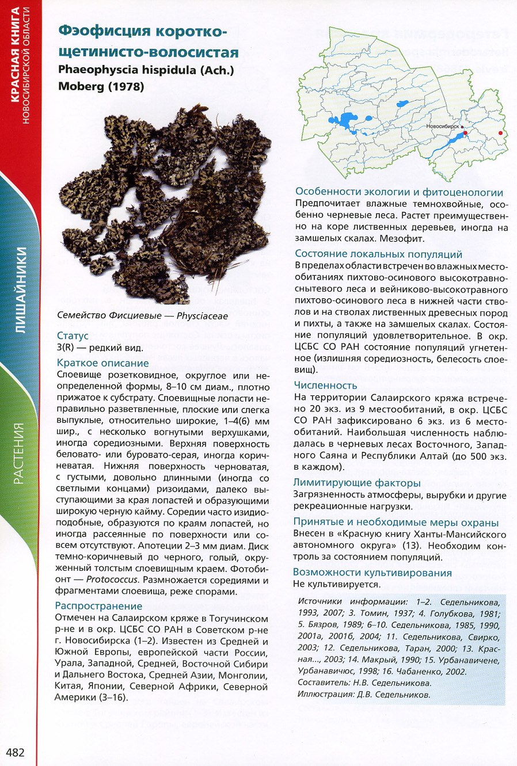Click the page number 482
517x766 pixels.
(15, 752)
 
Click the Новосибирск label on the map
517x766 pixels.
(443, 125)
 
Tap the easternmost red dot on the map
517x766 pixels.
(500, 133)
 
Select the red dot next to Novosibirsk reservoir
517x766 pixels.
(466, 133)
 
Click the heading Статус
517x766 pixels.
(73, 336)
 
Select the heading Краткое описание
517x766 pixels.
(102, 363)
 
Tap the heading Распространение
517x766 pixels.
(98, 605)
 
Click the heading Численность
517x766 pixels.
(325, 385)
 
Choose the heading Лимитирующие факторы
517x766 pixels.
(357, 483)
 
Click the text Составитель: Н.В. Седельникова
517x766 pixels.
(364, 683)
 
